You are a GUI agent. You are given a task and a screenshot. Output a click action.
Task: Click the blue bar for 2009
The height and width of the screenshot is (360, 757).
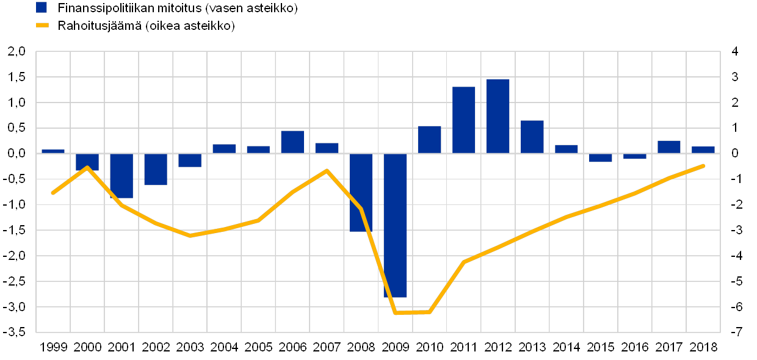[x=395, y=225]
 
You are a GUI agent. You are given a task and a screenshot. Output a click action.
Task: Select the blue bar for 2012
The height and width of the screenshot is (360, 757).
[x=498, y=116]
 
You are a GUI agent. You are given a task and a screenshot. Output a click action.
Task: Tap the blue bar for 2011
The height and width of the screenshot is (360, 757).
[x=463, y=120]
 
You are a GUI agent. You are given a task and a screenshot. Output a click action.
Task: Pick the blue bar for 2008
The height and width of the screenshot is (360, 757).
[x=361, y=192]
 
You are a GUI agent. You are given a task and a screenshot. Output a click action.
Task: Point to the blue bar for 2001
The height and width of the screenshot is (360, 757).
[x=121, y=176]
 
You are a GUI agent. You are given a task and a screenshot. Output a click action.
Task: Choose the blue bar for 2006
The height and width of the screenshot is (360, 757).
[x=292, y=142]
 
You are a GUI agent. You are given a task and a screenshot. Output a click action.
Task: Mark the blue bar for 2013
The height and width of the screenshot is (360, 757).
[x=532, y=137]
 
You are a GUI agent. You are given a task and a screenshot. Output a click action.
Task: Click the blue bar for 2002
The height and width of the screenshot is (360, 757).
[x=156, y=169]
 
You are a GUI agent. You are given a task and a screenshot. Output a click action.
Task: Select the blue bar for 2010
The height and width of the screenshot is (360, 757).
[x=429, y=139]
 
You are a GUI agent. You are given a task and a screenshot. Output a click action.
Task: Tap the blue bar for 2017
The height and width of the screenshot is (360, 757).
[x=668, y=146]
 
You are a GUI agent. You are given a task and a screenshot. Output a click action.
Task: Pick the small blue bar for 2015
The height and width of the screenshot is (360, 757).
[x=600, y=157]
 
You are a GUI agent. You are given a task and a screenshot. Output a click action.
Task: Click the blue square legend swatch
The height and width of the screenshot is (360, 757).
[x=42, y=7]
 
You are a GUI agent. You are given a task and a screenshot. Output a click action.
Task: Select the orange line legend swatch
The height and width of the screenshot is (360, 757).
[x=42, y=26]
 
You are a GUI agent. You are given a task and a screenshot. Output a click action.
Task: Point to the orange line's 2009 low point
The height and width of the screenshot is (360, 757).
[x=396, y=312]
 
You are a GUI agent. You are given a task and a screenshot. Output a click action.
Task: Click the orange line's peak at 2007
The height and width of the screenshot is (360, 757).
[x=327, y=170]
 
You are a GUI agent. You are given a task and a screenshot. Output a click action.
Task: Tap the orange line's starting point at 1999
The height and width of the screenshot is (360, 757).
[x=53, y=193]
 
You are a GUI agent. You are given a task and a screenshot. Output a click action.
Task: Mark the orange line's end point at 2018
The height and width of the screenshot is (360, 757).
[x=704, y=165]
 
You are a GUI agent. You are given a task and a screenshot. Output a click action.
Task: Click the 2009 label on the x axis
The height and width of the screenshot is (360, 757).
[x=395, y=347]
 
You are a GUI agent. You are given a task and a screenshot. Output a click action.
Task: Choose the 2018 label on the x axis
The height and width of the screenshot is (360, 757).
[x=703, y=347]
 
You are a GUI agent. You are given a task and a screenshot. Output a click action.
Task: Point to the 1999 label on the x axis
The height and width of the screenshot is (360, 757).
[x=53, y=347]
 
